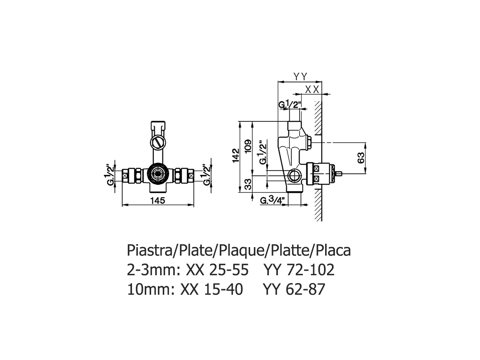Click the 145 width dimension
pyautogui.click(x=158, y=201)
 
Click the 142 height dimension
pyautogui.click(x=235, y=156)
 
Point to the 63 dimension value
pyautogui.click(x=361, y=158)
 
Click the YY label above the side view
pyautogui.click(x=300, y=77)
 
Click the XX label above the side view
pyautogui.click(x=312, y=89)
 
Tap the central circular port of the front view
pyautogui.click(x=157, y=174)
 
